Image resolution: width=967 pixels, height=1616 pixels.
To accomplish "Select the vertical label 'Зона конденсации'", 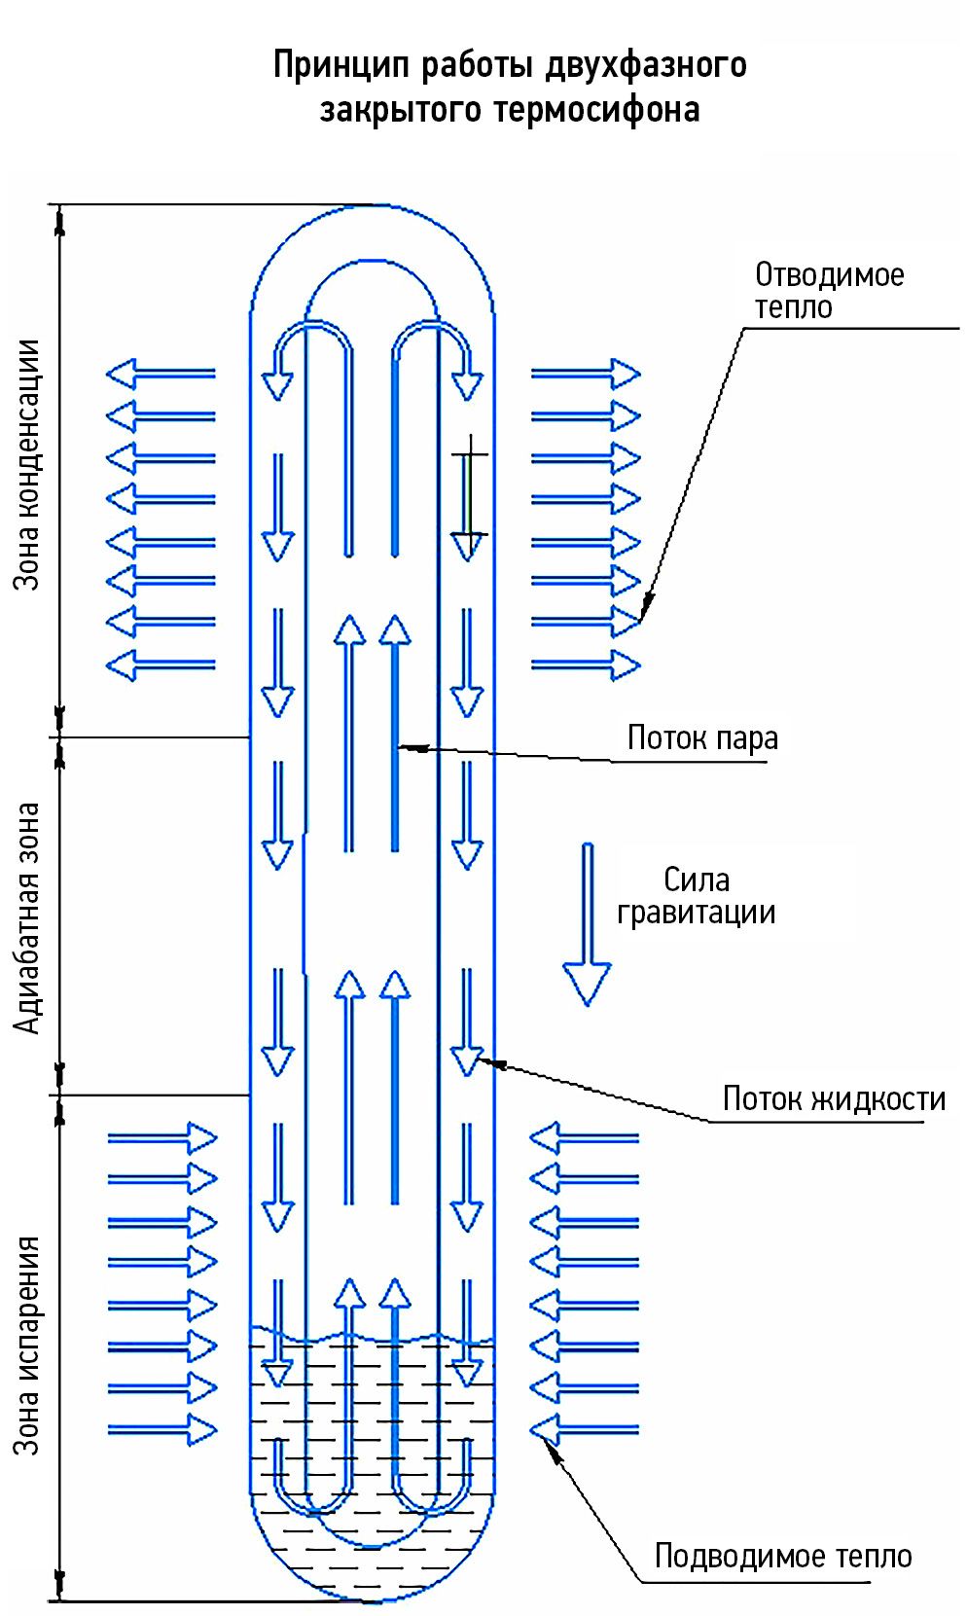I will (x=27, y=465).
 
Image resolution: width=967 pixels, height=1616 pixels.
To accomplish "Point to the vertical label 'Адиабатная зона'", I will (x=27, y=917).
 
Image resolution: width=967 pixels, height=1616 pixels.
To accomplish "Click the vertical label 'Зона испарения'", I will (x=27, y=1346).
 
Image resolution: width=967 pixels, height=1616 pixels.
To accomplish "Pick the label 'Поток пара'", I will (x=702, y=738).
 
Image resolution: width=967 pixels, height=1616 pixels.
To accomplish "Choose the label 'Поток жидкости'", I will (x=834, y=1099).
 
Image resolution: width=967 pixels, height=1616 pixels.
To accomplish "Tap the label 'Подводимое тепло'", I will (x=783, y=1557).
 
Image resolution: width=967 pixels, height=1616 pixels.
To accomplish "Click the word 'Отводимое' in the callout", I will (x=829, y=275).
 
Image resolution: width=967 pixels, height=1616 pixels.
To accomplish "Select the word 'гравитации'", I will (x=697, y=914).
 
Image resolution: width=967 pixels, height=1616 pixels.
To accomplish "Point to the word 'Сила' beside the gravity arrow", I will (x=697, y=880).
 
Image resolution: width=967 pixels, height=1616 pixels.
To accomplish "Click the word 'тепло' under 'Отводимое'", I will (x=794, y=307).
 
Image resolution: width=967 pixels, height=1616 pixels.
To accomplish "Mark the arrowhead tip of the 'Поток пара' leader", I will (x=401, y=747).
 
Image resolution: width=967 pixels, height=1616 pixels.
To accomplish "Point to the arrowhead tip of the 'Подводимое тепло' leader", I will (x=547, y=1442).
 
